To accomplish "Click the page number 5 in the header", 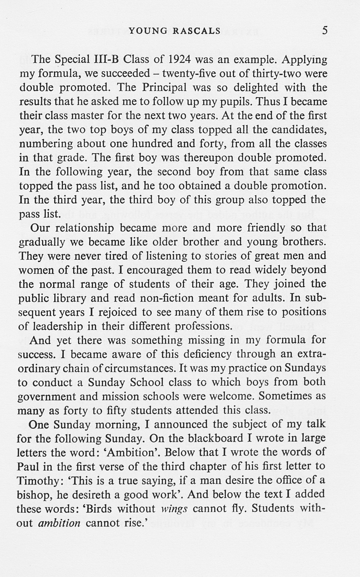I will coord(325,30).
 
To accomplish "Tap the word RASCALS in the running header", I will coord(197,31).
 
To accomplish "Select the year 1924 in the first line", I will coord(180,60).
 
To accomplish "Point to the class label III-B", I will coord(107,60).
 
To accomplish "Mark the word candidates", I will coord(299,130).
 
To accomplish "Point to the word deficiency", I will coord(210,354).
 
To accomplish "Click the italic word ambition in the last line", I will coord(59,523).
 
